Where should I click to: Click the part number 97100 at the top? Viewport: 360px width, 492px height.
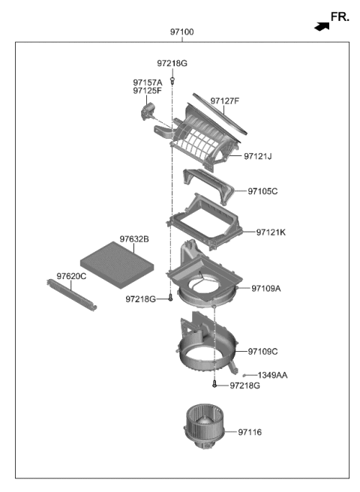181,33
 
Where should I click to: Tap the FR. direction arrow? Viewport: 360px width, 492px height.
322,26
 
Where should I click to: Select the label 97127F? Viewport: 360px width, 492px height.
225,100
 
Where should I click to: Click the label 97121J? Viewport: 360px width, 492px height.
258,157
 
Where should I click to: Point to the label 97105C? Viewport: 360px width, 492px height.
262,191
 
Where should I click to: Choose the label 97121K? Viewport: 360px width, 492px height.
271,232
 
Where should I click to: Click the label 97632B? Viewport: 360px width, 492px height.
134,239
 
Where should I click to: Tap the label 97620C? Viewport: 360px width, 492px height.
72,276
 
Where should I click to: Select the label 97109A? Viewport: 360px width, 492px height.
265,288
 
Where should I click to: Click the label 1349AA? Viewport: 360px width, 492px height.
272,375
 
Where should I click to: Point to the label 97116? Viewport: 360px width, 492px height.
253,432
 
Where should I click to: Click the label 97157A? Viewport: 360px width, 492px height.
148,82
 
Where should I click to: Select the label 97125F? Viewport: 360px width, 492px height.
148,91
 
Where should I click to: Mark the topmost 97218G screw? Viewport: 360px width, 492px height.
172,79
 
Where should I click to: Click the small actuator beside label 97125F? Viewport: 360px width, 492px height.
147,112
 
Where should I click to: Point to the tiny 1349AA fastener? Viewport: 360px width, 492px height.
245,374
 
